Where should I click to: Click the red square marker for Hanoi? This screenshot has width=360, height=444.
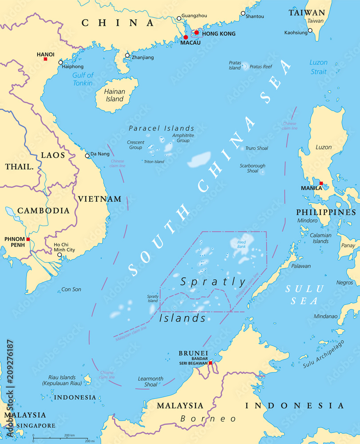click(45, 59)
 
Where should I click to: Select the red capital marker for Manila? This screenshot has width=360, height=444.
click(321, 183)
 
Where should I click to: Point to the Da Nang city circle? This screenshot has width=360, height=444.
click(87, 155)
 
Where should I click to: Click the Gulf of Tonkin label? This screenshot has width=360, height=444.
click(83, 79)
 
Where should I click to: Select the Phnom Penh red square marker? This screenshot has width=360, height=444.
click(28, 239)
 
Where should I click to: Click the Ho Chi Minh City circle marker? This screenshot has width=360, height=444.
click(59, 255)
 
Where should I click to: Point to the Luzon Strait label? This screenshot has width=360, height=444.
click(318, 67)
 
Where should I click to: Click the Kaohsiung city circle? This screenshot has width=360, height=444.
click(310, 31)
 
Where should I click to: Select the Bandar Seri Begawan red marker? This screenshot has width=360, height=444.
click(210, 363)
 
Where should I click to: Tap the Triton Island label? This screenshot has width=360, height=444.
click(154, 162)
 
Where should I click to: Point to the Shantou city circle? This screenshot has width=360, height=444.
click(243, 13)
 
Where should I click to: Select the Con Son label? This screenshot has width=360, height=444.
click(71, 289)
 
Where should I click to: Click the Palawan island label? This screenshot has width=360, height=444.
click(301, 266)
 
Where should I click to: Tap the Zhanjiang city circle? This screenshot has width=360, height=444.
click(127, 55)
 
